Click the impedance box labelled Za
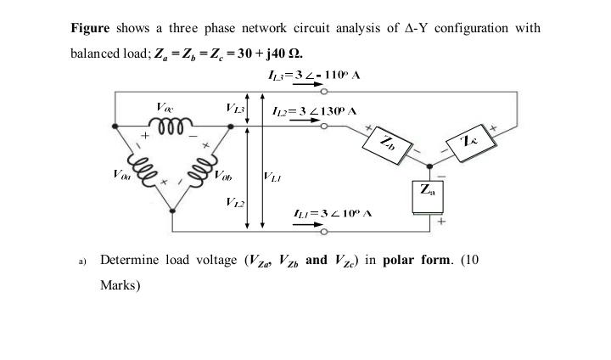[x=428, y=194]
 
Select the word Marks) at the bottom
[x=120, y=285]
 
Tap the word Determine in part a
[x=128, y=260]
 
